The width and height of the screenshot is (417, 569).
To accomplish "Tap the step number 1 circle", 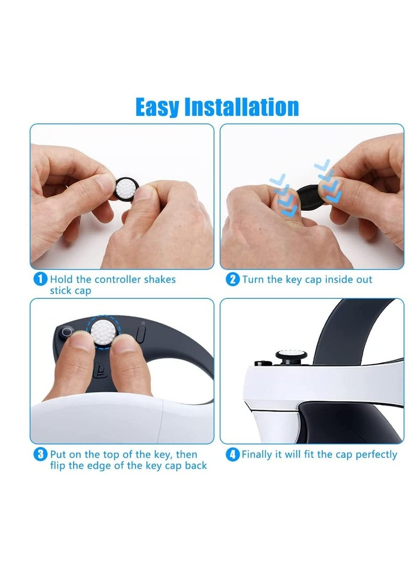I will [40, 279].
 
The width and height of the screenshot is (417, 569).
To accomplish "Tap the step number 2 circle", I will [232, 279].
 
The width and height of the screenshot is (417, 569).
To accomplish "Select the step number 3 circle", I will [40, 454].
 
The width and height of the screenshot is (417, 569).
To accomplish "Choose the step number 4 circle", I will [232, 454].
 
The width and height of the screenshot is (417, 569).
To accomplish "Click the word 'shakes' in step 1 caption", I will [156, 280].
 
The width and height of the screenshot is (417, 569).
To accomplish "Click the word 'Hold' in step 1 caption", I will [62, 280].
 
